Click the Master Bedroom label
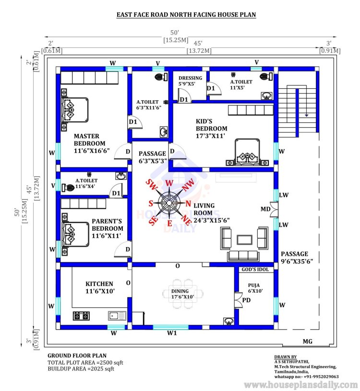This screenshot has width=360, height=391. [x=92, y=143]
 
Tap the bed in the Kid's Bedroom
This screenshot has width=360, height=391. [x=247, y=152]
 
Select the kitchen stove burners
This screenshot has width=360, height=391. [x=81, y=316]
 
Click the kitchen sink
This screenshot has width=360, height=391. [x=117, y=316]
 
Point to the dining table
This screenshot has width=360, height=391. [x=183, y=294]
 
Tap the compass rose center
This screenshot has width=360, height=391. [x=169, y=202]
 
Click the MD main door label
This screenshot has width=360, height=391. [x=265, y=209]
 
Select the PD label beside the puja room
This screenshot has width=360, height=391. [x=246, y=300]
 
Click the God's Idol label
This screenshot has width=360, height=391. [x=255, y=269]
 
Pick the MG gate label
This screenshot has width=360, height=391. [x=307, y=342]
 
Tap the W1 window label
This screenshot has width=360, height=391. [x=172, y=333]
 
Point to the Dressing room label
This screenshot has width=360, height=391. [x=190, y=81]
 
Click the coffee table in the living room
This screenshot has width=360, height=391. [x=244, y=240]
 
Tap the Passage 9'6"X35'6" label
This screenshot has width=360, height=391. [x=297, y=258]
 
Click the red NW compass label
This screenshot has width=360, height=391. [x=188, y=185]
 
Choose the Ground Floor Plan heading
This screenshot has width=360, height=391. [x=77, y=355]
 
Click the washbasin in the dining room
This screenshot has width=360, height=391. [x=229, y=321]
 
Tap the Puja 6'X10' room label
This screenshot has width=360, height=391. [x=255, y=288]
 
